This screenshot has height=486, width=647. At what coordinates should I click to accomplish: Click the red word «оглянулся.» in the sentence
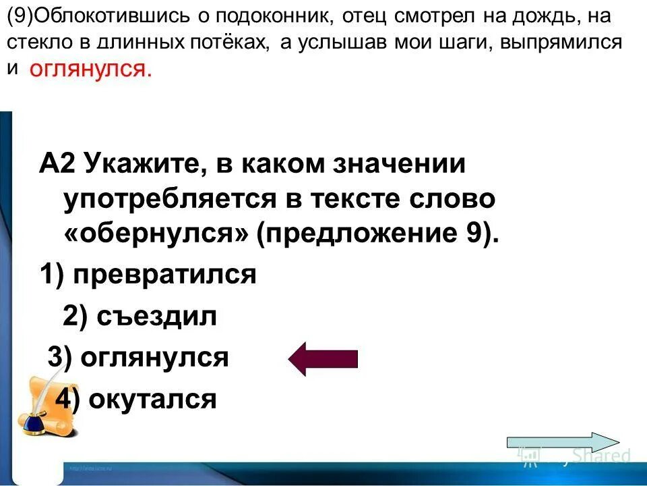tap(90, 70)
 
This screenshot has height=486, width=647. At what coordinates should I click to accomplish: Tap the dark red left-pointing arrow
tap(323, 358)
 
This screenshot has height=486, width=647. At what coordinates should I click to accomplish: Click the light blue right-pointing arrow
tap(562, 441)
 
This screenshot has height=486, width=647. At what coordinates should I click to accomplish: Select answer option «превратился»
tap(164, 275)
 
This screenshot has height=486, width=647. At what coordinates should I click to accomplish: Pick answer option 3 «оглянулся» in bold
tap(154, 358)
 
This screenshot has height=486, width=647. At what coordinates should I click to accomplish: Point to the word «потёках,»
tap(233, 43)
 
